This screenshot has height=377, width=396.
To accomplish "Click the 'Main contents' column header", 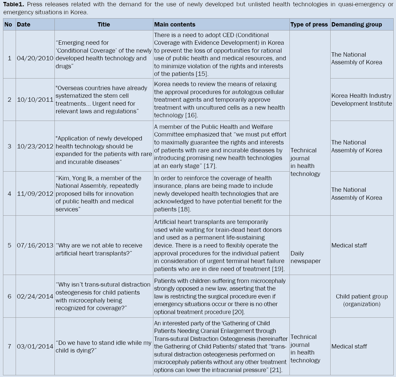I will pos(175,25).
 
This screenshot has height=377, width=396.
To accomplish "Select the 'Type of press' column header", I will pos(309,25).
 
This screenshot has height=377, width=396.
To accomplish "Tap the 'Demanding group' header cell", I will pos(356,25).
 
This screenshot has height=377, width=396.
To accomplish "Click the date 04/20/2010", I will pos(35,58).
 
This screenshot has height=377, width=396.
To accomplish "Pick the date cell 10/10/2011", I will pos(35,100).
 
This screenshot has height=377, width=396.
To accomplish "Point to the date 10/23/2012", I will pos(35,146).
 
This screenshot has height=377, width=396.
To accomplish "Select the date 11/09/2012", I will pos(35,193).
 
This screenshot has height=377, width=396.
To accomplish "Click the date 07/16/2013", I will pos(35,245).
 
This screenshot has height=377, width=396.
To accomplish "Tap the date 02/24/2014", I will pos(35,296).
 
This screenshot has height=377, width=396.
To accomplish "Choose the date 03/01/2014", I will pos(35,347).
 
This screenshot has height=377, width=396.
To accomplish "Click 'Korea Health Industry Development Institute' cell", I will pos(361,100).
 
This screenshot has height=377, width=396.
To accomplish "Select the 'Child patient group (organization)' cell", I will pos(361,300).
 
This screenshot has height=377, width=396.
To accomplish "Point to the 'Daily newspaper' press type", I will pos(305,257).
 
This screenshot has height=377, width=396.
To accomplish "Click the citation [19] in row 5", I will pos(278,269).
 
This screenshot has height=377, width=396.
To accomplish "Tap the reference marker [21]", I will pos(276,370).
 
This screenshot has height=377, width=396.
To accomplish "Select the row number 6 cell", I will pos(9,296).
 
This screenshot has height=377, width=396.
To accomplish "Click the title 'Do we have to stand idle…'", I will pos(103,347).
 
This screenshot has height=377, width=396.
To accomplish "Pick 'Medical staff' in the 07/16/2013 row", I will pos(349,245).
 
